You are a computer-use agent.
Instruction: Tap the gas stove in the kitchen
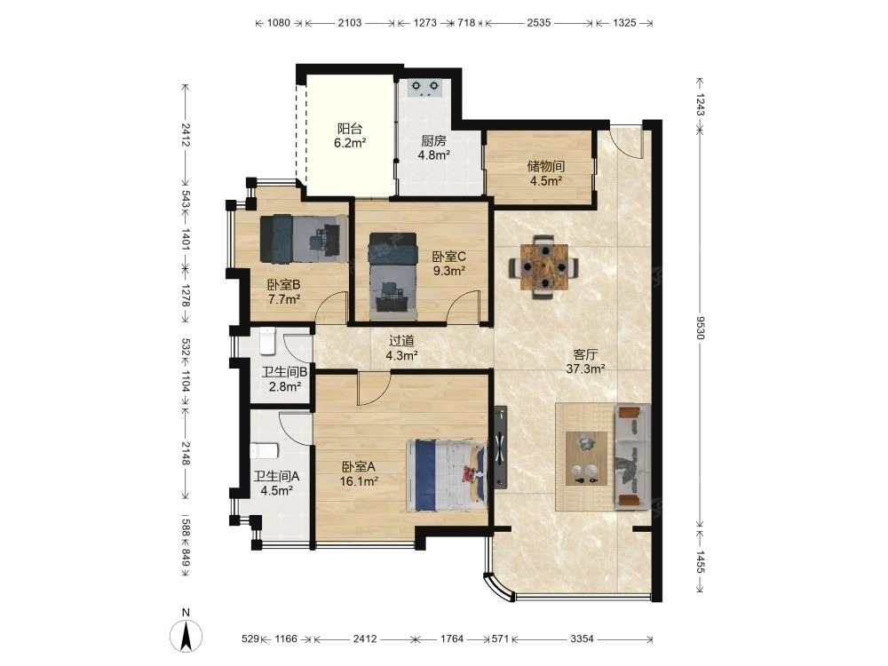425,88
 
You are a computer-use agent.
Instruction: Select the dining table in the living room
544,266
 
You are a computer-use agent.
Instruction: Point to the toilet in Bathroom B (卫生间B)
267,341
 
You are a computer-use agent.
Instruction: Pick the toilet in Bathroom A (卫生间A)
264,451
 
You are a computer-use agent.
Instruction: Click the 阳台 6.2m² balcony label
349,136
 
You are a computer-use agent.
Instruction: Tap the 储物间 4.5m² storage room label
546,173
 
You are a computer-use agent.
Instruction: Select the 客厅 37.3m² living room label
585,361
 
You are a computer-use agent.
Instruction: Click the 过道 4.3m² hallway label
401,348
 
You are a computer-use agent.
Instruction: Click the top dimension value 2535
539,23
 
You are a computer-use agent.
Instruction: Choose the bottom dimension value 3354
582,638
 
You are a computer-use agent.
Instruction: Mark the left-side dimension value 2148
186,453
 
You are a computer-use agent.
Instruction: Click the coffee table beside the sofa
586,458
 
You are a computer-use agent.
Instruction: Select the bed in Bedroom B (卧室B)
304,238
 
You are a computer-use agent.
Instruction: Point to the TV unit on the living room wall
500,447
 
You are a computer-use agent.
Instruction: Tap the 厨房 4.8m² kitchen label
434,147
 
